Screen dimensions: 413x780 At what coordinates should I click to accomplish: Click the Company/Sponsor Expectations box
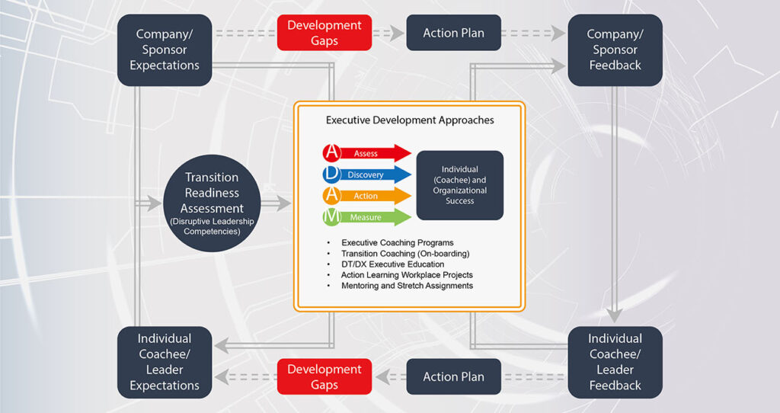pos(164,50)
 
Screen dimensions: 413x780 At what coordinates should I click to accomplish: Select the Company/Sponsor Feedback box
pos(615,50)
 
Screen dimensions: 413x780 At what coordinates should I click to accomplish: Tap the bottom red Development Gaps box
pos(324,376)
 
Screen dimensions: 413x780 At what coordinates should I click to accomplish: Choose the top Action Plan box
pos(453,34)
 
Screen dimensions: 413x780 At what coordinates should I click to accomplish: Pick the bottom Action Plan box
pos(453,376)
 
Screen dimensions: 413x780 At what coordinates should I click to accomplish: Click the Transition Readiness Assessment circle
pos(214,203)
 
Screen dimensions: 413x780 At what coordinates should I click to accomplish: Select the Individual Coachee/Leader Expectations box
pos(164,362)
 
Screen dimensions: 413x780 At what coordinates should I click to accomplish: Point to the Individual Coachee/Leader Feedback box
pos(615,362)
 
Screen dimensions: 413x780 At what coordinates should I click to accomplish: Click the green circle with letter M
pos(331,217)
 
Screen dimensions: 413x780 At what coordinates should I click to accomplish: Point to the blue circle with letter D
pos(331,174)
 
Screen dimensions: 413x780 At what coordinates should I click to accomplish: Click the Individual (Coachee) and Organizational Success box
pos(459,185)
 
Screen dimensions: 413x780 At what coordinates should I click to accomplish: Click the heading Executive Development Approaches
pos(410,120)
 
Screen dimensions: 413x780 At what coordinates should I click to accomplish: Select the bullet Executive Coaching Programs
pos(397,243)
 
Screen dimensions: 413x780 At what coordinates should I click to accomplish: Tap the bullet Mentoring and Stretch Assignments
pos(407,286)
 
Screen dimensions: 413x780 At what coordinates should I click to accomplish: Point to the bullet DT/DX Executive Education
pos(392,264)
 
